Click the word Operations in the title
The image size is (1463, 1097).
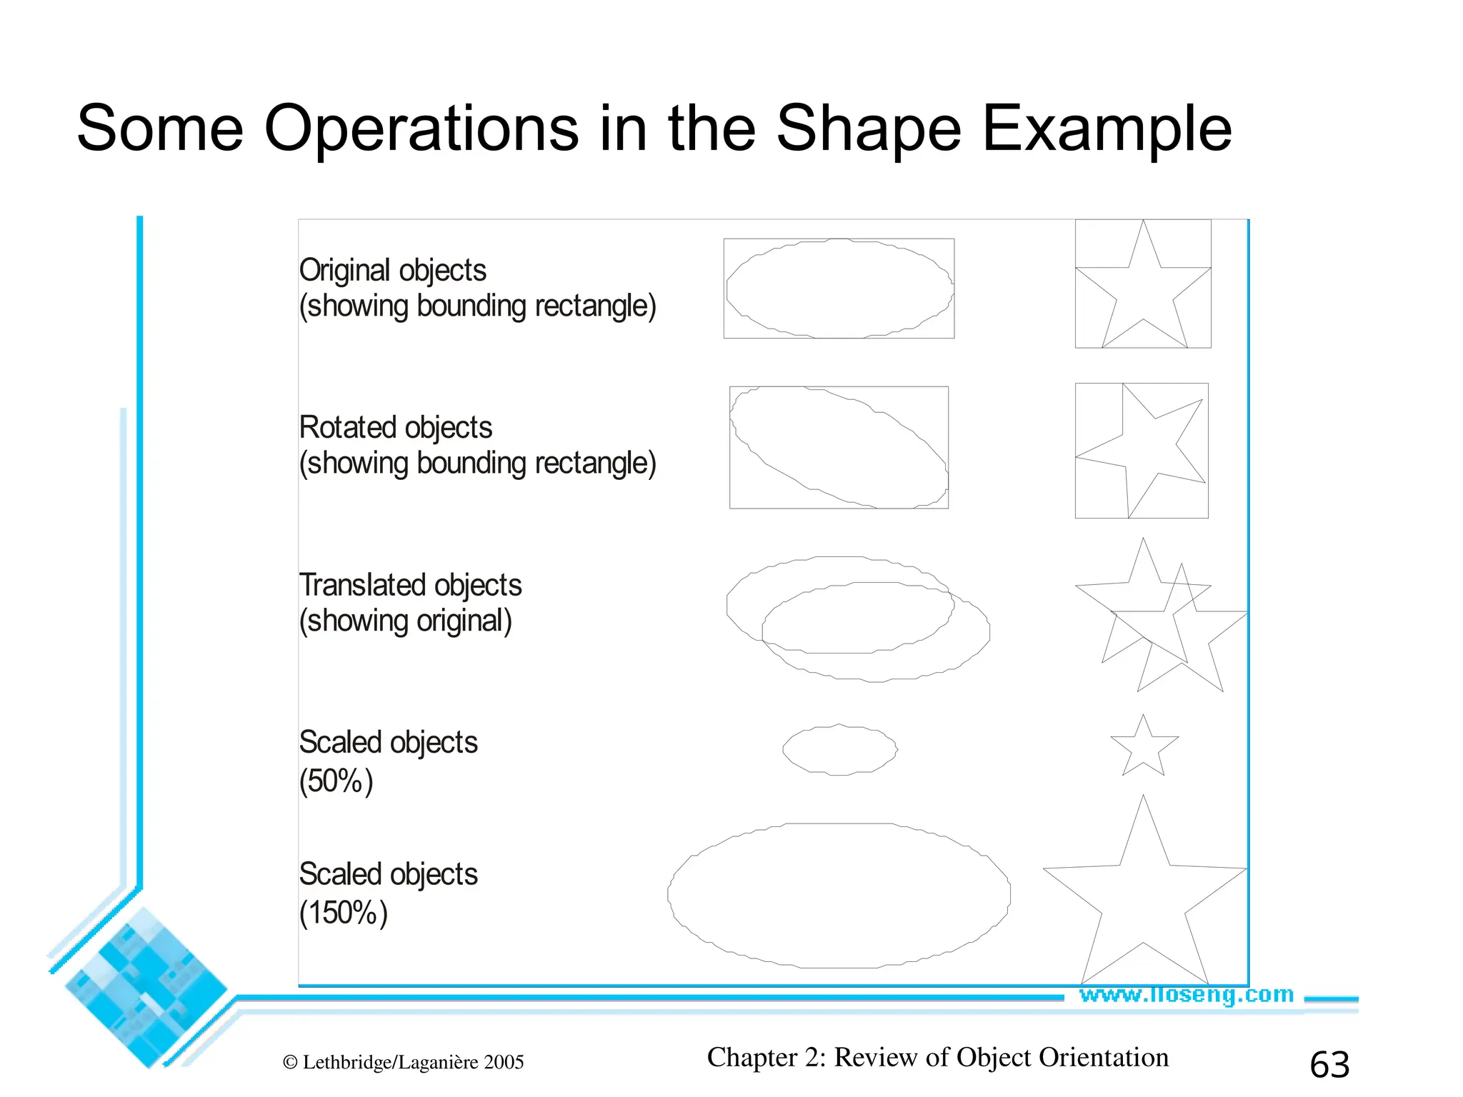pos(421,129)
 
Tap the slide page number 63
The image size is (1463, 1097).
pos(1329,1065)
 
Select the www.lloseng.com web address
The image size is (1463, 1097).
pos(1186,994)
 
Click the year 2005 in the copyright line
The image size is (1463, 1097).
pos(504,1063)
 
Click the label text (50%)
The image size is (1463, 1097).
pos(336,781)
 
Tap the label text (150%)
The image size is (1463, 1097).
pos(343,913)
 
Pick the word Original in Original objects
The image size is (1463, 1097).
pos(346,271)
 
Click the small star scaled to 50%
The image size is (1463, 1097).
pos(1144,748)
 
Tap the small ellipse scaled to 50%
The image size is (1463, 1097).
pos(839,749)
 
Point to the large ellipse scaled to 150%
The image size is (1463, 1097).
pos(839,896)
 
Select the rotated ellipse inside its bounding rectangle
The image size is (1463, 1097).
pos(839,447)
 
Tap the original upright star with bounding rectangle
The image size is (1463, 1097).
pos(1143,286)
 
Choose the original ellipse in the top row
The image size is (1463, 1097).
pos(839,289)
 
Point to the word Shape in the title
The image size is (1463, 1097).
pos(869,129)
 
